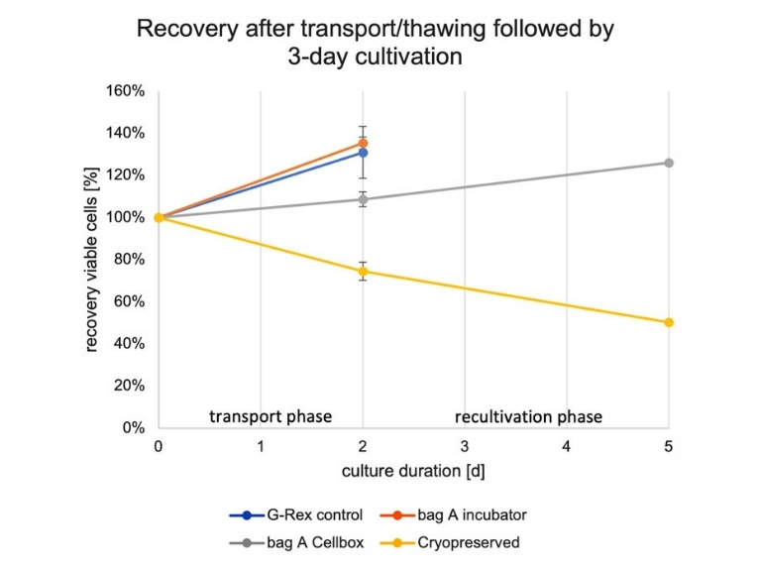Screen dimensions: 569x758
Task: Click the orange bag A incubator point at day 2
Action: [363, 143]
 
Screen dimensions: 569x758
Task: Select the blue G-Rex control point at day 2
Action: [363, 153]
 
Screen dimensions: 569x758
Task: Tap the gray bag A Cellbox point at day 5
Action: [669, 163]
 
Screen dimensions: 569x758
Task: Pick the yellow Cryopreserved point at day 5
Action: [669, 322]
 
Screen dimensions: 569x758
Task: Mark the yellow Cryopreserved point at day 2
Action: [363, 272]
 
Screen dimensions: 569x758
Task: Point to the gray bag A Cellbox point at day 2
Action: [363, 199]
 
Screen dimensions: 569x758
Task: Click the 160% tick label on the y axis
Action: [126, 91]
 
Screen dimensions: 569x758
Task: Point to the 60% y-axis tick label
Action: [130, 301]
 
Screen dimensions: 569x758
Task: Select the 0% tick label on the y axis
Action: [134, 428]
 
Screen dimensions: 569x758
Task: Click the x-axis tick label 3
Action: [465, 446]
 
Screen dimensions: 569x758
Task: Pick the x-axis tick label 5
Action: [669, 446]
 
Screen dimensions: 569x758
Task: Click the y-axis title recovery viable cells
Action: [91, 260]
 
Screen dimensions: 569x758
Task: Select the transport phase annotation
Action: [270, 415]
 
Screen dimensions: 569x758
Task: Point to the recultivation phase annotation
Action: [528, 415]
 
